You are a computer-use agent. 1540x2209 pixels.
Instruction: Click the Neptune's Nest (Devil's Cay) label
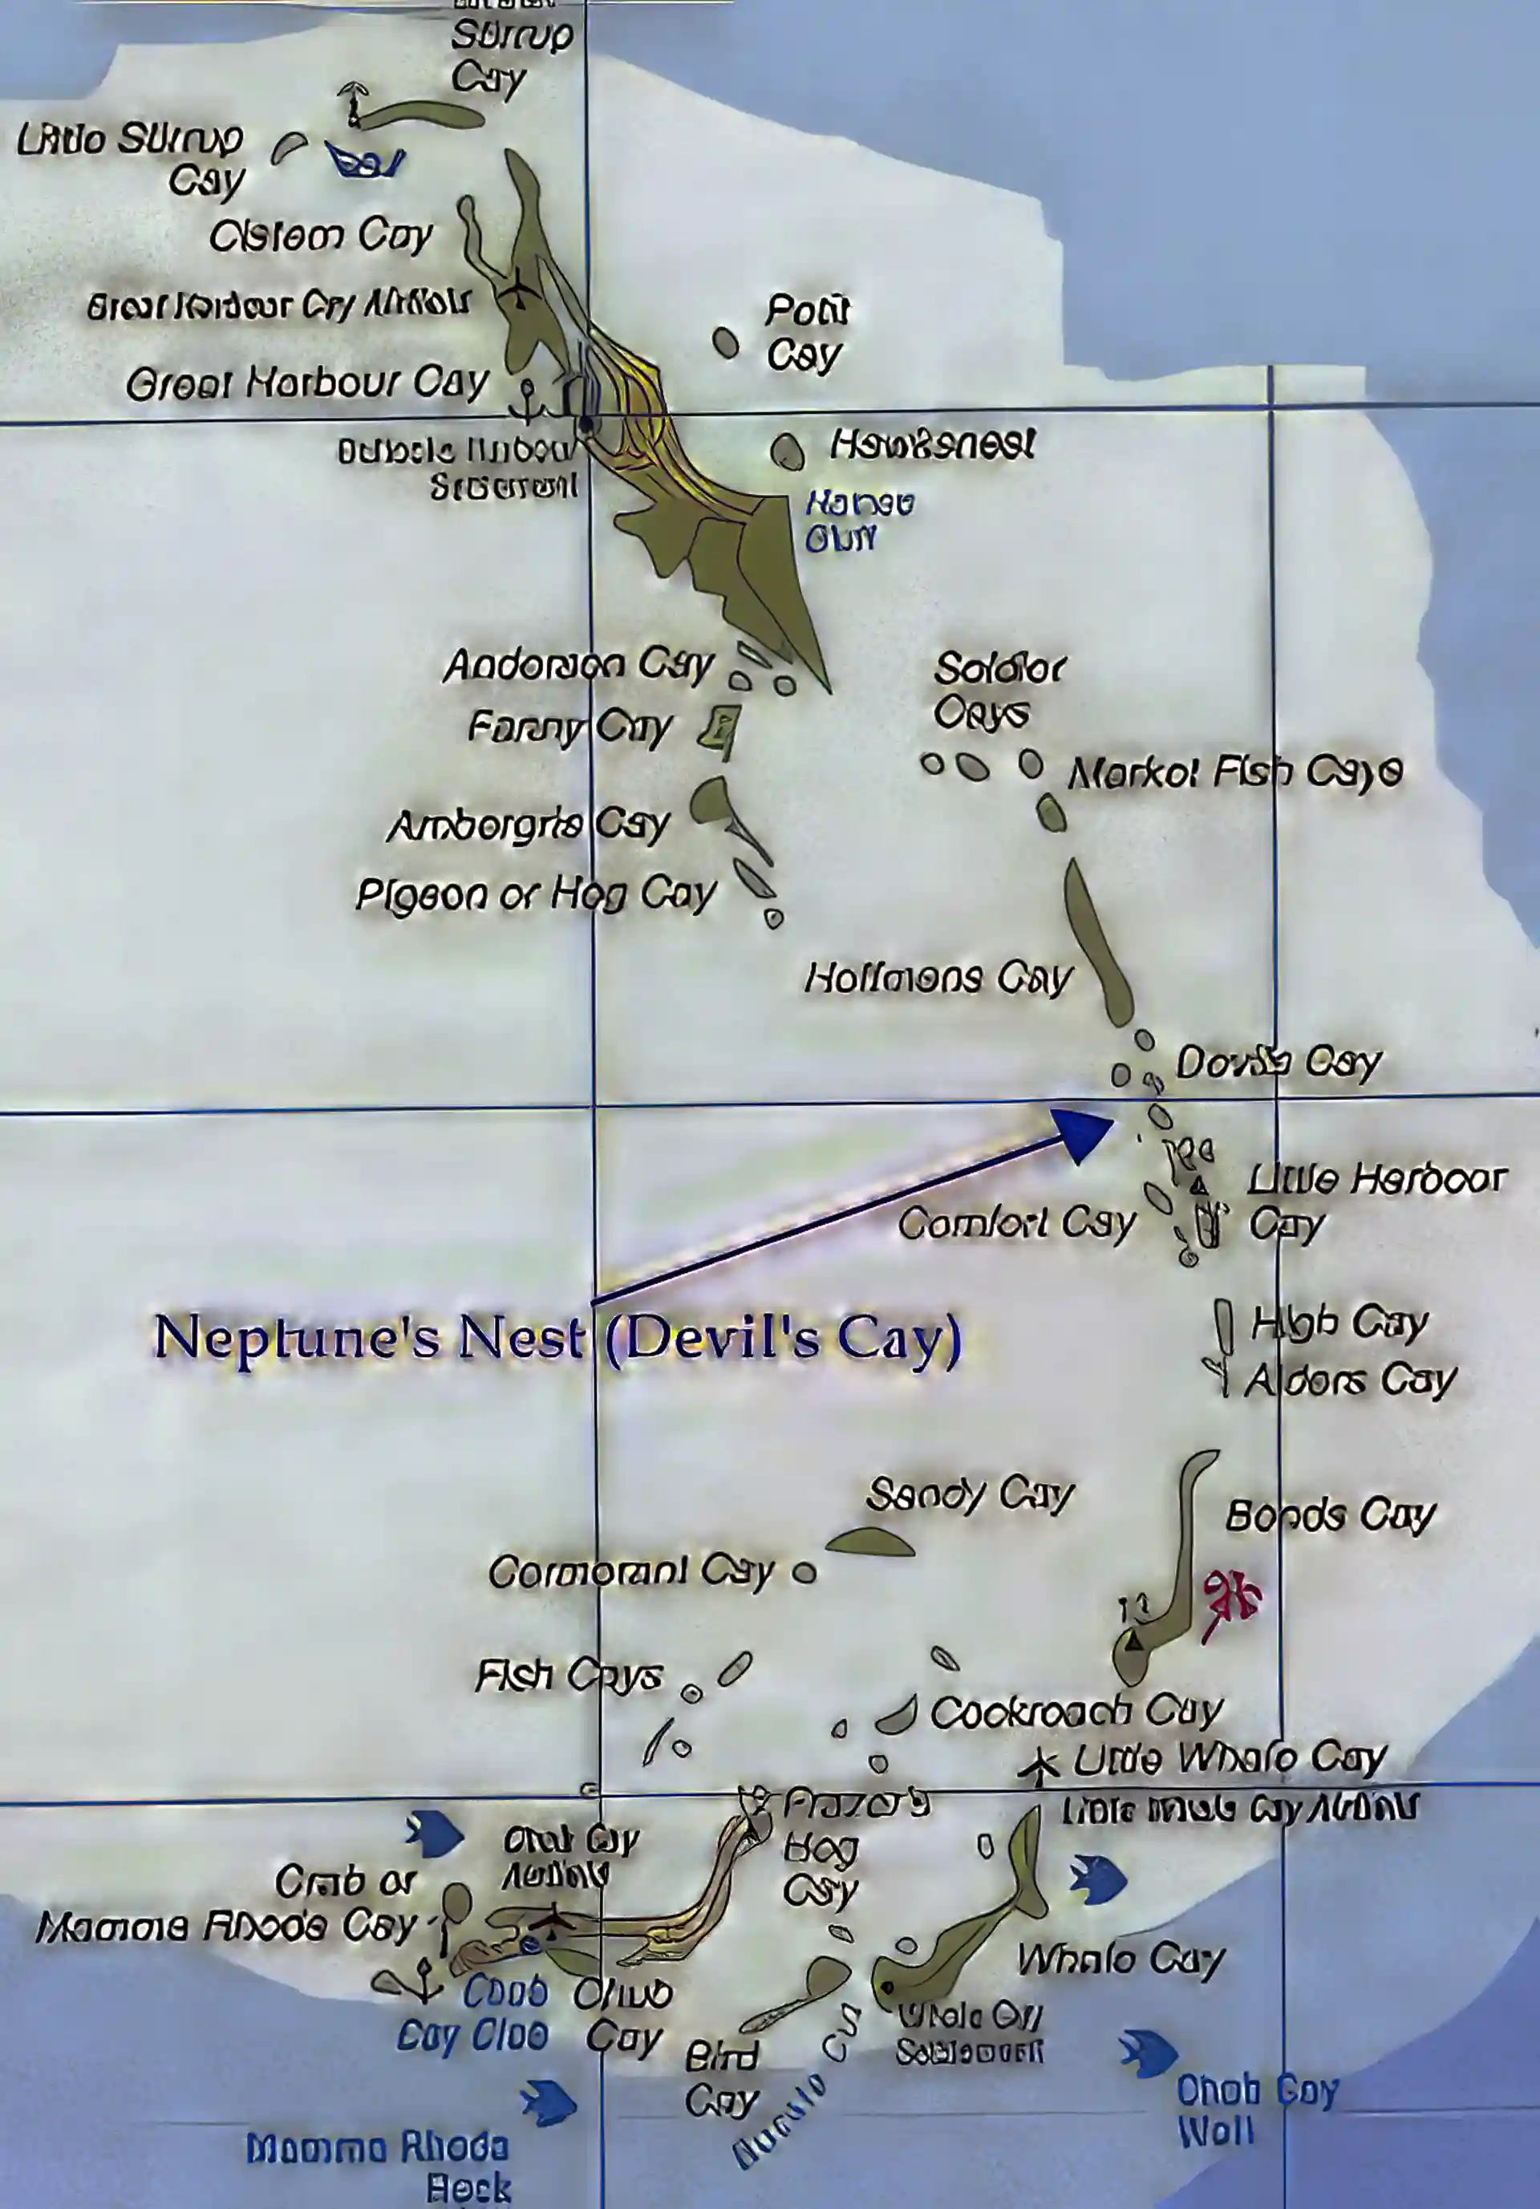558,1338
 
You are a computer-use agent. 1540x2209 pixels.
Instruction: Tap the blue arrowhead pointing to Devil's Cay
1083,1133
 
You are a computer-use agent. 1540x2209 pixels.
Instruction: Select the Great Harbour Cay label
307,383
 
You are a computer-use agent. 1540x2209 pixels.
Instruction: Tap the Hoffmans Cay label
937,979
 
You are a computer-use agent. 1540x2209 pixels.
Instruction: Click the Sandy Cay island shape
869,1543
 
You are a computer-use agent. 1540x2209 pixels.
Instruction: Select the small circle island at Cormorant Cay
804,1573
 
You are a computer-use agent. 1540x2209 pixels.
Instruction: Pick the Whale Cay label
1121,1959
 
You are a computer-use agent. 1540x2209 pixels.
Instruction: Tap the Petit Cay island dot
726,342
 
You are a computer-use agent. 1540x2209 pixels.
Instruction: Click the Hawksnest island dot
788,452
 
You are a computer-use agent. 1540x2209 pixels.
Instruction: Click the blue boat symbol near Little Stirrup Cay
363,162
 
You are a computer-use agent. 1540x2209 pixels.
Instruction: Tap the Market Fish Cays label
1235,772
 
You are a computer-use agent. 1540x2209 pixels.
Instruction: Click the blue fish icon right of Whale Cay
1099,1879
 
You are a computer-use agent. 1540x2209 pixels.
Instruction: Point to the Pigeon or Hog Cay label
536,895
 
